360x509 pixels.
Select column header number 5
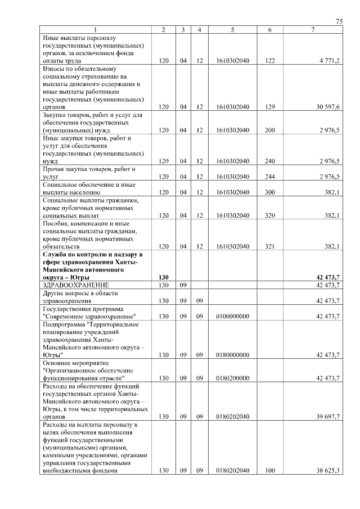232,30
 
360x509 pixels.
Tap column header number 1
96,30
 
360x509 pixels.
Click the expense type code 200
270,130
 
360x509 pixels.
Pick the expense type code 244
270,177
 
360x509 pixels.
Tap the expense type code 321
270,246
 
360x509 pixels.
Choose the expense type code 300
270,192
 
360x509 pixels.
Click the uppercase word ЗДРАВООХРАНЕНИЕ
75,285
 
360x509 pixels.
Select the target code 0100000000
232,317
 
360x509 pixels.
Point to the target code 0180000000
232,355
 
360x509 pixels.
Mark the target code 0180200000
232,379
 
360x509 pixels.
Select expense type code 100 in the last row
270,471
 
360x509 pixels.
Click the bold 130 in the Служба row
164,277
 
